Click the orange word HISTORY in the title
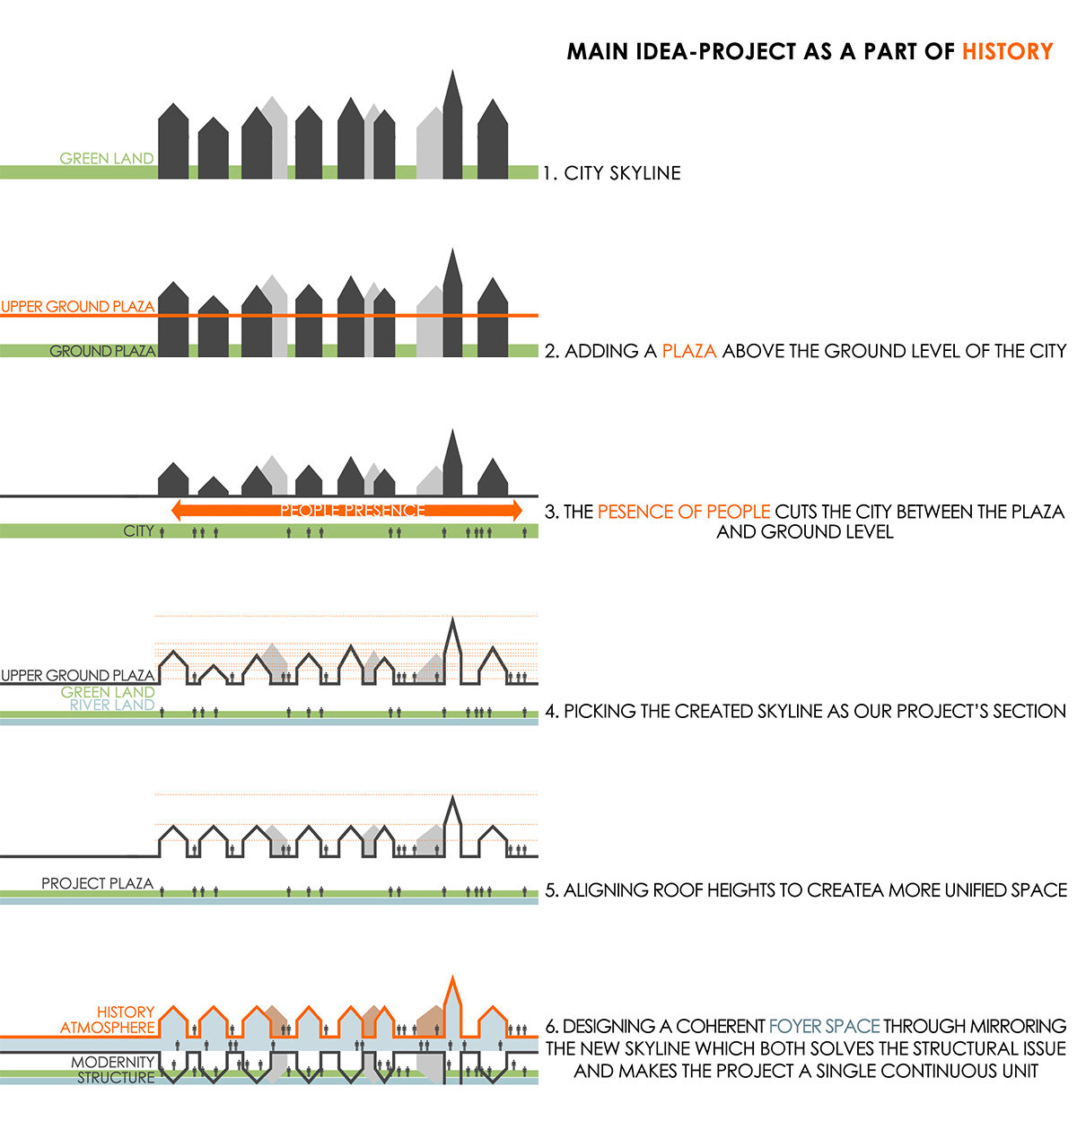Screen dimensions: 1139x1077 click(1007, 52)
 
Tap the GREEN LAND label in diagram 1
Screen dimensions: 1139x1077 click(107, 159)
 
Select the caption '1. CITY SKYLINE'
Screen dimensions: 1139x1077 click(612, 173)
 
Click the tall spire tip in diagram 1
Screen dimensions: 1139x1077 click(452, 72)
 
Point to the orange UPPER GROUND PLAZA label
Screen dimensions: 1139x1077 click(78, 307)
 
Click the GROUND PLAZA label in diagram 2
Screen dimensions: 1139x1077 click(102, 351)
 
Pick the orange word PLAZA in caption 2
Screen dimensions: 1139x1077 click(689, 351)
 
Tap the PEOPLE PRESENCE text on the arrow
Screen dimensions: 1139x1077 click(352, 511)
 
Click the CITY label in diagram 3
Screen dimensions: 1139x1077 click(139, 531)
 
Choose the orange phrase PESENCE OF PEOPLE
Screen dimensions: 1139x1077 click(684, 512)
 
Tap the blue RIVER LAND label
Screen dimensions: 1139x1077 click(112, 705)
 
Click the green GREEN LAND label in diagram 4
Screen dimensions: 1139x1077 click(108, 692)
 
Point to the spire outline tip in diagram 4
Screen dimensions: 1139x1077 click(451, 619)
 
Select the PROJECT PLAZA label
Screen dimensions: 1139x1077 click(97, 884)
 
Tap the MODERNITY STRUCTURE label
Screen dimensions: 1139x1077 click(114, 1070)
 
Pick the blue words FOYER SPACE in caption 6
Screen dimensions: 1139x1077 click(824, 1026)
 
